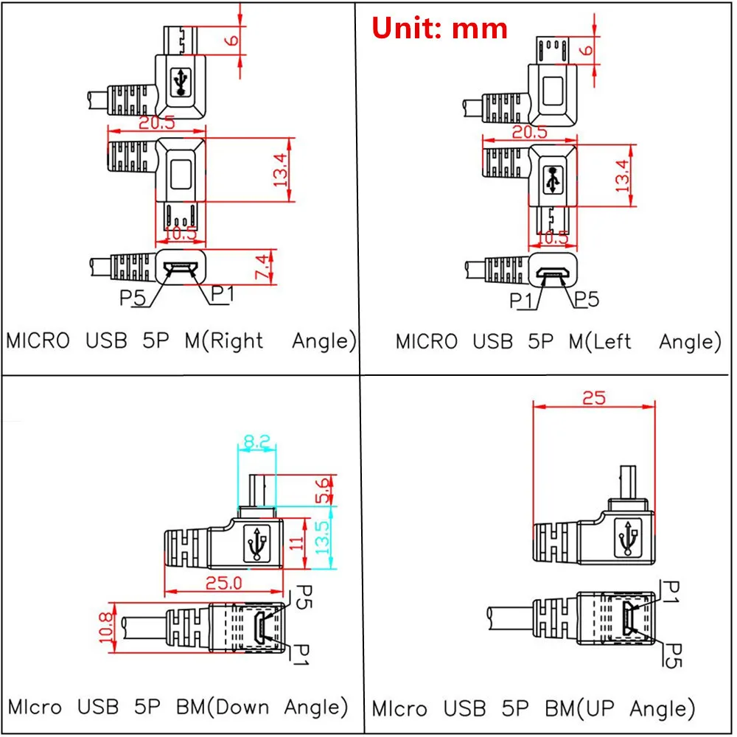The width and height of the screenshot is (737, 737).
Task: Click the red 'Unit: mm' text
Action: (439, 28)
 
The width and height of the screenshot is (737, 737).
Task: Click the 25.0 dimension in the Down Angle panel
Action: (223, 583)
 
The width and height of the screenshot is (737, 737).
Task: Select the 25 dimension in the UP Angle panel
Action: (593, 397)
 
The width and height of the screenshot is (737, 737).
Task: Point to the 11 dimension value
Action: (296, 544)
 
